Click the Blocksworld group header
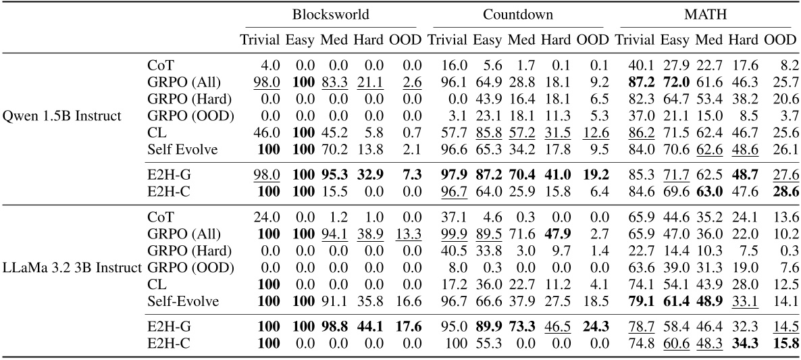coord(331,14)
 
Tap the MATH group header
coord(705,14)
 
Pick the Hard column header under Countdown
coord(556,39)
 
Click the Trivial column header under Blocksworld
coord(259,39)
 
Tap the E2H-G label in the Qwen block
coord(166,174)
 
